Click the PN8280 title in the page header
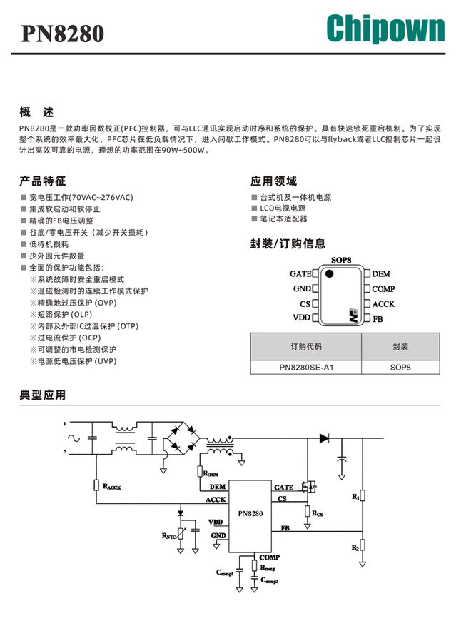click(x=62, y=34)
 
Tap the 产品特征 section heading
click(x=43, y=181)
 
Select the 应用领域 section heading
click(x=273, y=181)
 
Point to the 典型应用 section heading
click(x=43, y=395)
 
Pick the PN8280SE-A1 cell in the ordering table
click(x=306, y=368)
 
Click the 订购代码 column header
click(x=306, y=346)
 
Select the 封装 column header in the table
click(x=400, y=346)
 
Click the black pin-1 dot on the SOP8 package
click(x=330, y=273)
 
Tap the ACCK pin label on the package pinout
click(x=383, y=304)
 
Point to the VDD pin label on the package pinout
click(x=302, y=318)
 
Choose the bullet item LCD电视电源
click(x=283, y=208)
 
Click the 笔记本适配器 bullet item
click(x=283, y=219)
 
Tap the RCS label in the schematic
click(x=318, y=513)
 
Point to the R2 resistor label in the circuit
click(x=355, y=548)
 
